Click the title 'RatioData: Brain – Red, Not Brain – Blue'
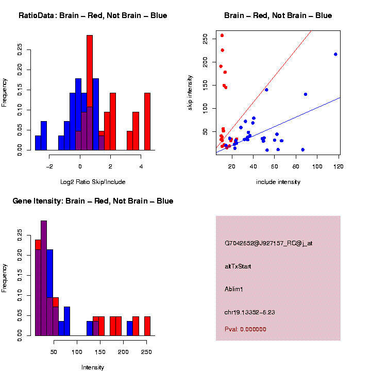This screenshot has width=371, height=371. pos(93,15)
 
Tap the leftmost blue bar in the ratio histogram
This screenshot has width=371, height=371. pos(38,143)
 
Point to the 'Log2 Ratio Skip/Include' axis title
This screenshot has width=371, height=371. pos(93,181)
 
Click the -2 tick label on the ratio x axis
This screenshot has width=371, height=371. pos(49,167)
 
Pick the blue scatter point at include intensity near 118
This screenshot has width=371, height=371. pos(335,54)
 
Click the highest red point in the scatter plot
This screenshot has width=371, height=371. pos(222,36)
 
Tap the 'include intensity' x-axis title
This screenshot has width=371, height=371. pos(278,181)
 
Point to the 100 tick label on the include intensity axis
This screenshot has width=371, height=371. pos(317,167)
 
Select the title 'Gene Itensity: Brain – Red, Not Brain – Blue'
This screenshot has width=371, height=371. pos(93,201)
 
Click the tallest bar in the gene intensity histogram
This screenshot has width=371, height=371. pos(44,278)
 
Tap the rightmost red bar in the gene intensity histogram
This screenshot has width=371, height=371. pos(147,326)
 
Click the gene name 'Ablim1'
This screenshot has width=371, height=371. pos(234,289)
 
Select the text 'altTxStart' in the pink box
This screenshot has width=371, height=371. pos(238,266)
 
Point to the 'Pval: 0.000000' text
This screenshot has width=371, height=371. pos(245,329)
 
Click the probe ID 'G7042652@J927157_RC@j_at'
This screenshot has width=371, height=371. pos(268,243)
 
